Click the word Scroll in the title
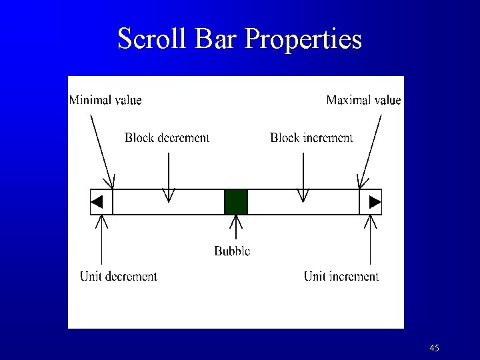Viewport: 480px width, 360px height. click(x=153, y=39)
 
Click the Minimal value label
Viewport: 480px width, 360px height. click(x=105, y=101)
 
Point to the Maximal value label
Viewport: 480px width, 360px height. click(x=363, y=101)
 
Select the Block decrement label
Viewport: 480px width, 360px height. click(x=167, y=138)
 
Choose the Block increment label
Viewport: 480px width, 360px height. click(x=311, y=138)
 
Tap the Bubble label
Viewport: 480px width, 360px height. click(x=232, y=251)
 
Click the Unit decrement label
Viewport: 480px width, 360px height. click(x=119, y=276)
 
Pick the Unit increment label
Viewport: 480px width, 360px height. click(x=341, y=276)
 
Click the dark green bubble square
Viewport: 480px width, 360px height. click(x=236, y=201)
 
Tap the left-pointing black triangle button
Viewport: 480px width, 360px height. click(x=98, y=201)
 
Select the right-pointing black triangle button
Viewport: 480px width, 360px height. click(x=375, y=201)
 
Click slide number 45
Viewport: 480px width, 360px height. click(x=434, y=348)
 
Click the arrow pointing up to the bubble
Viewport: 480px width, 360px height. click(x=236, y=229)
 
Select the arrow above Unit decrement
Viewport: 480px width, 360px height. click(x=101, y=240)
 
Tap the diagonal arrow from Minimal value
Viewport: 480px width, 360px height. click(x=101, y=150)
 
